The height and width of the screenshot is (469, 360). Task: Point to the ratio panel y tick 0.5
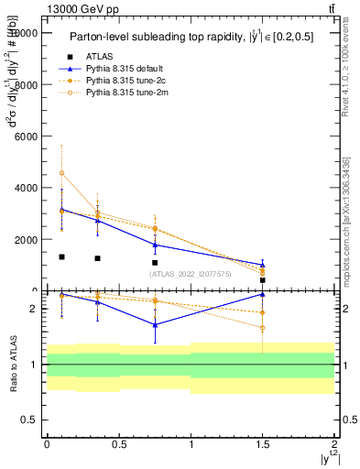pos(32,420)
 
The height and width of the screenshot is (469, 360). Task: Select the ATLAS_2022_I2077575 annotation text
pos(189,274)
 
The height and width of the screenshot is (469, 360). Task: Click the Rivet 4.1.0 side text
pos(345,83)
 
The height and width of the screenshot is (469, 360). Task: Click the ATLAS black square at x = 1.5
pos(263,280)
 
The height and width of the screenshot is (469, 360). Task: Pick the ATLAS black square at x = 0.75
pos(155,263)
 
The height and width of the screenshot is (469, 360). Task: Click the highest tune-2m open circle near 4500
pos(61,173)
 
